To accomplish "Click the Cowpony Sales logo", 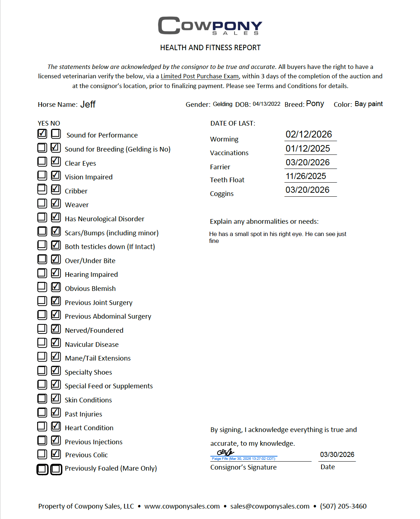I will coord(210,26).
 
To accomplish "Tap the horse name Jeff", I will coord(88,104).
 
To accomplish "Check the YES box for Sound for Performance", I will coord(42,134).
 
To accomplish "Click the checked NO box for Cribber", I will coord(56,189).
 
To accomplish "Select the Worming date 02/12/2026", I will coord(309,134).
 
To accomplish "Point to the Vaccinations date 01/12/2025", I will coord(308,148).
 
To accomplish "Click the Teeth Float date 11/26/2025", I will coord(306,176).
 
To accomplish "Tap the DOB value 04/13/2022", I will coord(266,104).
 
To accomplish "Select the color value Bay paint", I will coord(368,104).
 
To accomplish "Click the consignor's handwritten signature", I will coord(226,452).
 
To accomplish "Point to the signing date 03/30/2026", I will coord(337,454).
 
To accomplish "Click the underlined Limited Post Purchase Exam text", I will coord(200,76).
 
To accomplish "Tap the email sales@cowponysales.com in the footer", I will coord(270,506).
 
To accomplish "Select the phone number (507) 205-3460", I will coord(343,506).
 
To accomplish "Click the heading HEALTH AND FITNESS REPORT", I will coord(210,48).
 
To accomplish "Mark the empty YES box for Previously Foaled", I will coord(42,469).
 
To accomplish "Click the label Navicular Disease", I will coord(92,344).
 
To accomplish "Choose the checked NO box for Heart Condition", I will coord(56,426).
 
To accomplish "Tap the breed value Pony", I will coord(315,104).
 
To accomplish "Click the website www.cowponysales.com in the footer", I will coord(182,506).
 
